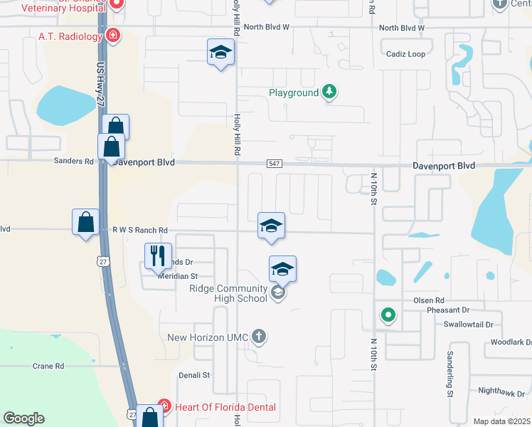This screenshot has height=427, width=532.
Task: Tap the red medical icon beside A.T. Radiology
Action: click(x=112, y=35)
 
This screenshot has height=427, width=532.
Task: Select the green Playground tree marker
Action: click(x=329, y=92)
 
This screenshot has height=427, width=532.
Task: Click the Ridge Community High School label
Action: click(x=228, y=293)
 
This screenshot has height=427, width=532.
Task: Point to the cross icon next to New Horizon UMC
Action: click(x=259, y=337)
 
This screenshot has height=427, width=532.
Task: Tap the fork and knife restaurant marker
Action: click(x=158, y=254)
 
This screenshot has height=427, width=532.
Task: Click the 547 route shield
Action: click(x=275, y=164)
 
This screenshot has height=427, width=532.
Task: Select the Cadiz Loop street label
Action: click(x=405, y=54)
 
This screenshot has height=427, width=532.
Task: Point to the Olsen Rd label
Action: click(x=429, y=301)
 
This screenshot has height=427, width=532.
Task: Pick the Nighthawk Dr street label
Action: click(x=501, y=392)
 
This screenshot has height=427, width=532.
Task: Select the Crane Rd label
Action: click(x=48, y=366)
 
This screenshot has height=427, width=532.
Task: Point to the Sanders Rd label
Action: click(x=74, y=162)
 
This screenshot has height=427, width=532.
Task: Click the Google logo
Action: click(x=24, y=418)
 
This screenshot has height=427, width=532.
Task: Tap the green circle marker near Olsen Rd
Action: click(x=388, y=314)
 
